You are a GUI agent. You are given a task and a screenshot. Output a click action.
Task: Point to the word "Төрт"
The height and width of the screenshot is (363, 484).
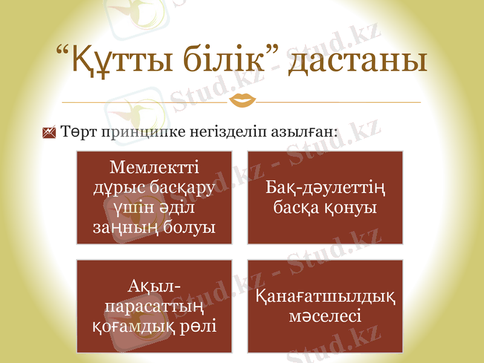tap(79, 131)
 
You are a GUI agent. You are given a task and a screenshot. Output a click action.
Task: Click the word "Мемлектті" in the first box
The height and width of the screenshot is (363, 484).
tap(155, 166)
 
